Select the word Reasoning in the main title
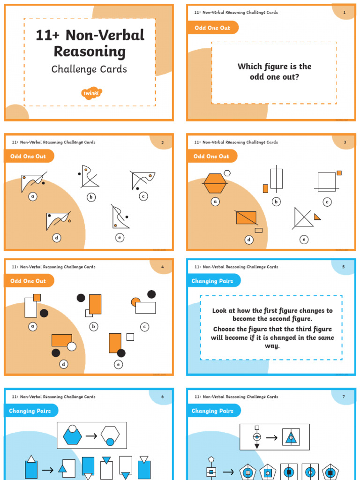(x=90, y=52)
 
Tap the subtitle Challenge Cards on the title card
(x=89, y=69)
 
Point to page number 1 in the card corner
(x=345, y=12)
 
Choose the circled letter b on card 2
(x=91, y=197)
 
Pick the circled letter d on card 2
(x=57, y=238)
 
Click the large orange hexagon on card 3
(x=215, y=183)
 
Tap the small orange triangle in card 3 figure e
(x=317, y=217)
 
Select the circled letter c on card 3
(x=327, y=202)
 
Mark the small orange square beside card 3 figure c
(x=339, y=173)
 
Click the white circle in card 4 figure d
(x=71, y=346)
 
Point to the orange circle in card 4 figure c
(x=135, y=301)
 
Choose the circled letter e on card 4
(x=119, y=364)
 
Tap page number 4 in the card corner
(x=162, y=267)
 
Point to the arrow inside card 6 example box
(x=91, y=436)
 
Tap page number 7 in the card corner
(x=344, y=397)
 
